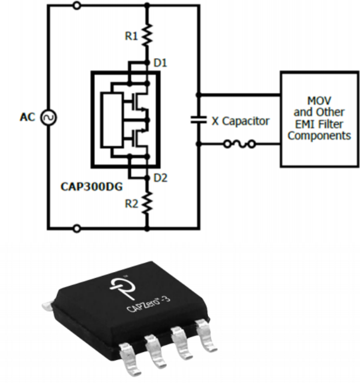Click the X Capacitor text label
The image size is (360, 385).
tap(241, 121)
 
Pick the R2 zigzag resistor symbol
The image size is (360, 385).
tap(147, 203)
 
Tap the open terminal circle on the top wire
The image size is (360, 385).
tap(76, 5)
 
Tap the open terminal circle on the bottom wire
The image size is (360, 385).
tap(76, 227)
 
